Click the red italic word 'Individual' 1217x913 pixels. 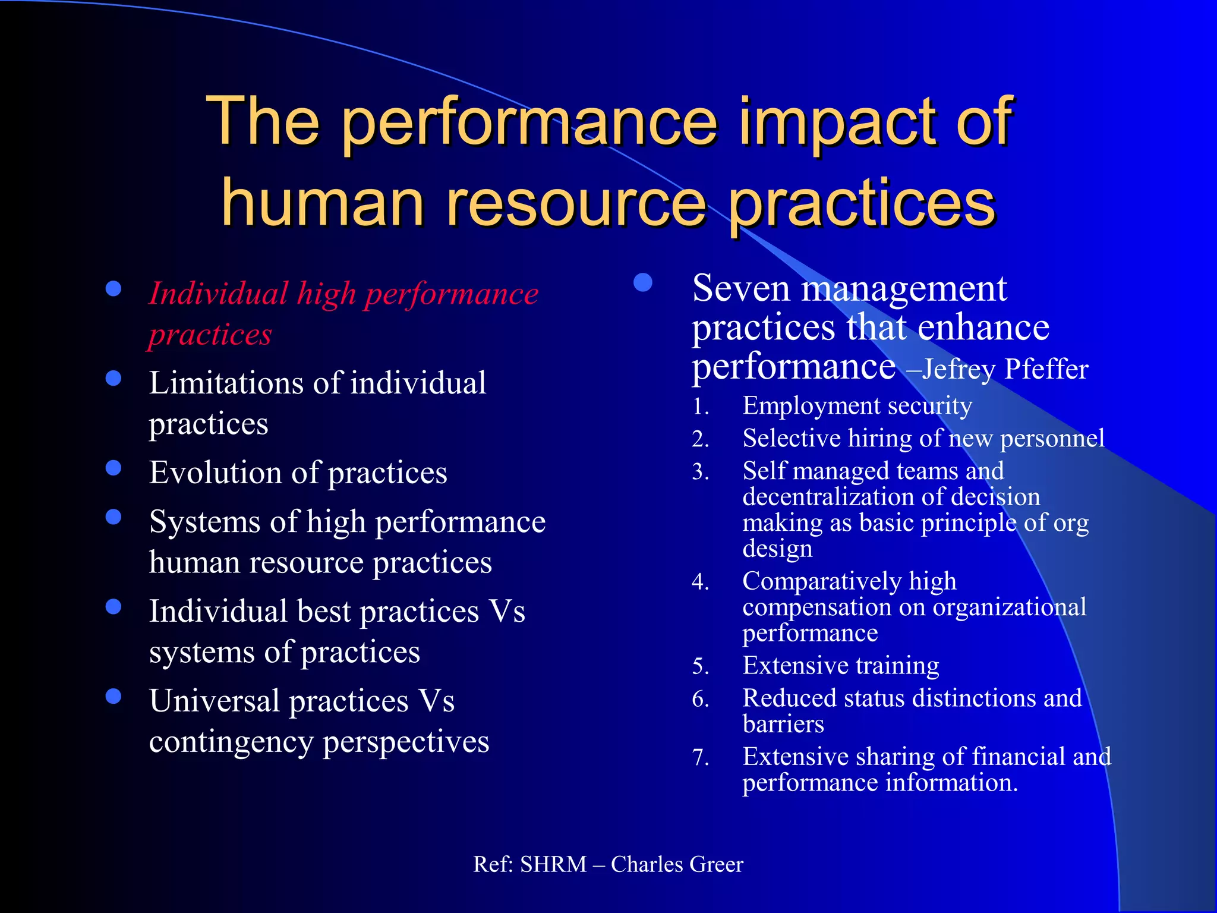pos(218,294)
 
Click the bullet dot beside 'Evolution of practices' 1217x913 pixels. pos(113,468)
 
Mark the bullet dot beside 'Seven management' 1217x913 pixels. pos(643,283)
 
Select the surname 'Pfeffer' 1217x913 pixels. pos(1046,369)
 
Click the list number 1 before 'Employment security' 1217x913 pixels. pos(701,407)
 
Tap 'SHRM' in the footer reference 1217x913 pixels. pos(553,864)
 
